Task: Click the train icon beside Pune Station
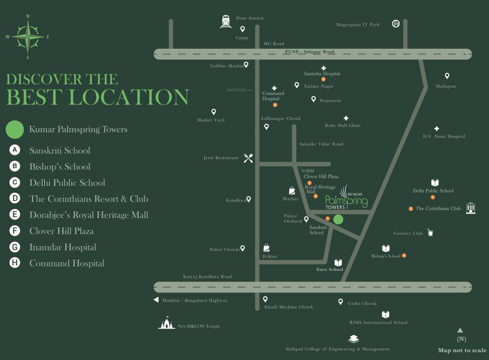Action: [226, 21]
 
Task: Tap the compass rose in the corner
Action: [28, 37]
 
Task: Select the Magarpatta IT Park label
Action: [358, 24]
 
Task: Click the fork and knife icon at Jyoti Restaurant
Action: [248, 158]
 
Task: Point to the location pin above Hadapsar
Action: [447, 76]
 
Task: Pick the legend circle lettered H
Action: [15, 263]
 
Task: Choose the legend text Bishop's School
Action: [60, 166]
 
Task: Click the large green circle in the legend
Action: [15, 129]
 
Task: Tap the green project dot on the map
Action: [338, 219]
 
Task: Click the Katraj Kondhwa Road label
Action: [207, 277]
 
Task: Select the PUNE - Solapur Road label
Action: [309, 52]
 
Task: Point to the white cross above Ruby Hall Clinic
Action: [346, 119]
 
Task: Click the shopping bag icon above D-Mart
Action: [266, 247]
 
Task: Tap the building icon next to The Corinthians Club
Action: [470, 208]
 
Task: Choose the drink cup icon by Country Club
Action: [430, 232]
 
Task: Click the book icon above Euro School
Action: [338, 263]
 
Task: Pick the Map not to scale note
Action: [462, 350]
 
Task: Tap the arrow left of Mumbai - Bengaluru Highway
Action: [156, 300]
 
